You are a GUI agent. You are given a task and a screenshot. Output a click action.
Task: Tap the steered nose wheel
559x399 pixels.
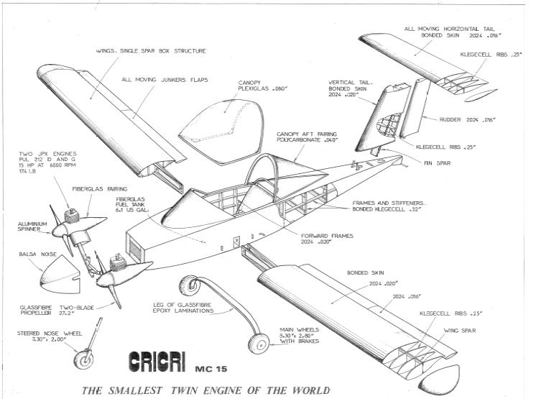click(x=83, y=358)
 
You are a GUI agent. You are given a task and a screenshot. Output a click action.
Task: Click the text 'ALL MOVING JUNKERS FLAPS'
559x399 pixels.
click(x=165, y=81)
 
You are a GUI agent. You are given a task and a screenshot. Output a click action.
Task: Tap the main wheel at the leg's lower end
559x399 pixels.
click(x=258, y=343)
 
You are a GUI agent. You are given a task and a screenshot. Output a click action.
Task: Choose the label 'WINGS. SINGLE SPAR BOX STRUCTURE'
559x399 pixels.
click(x=151, y=51)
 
